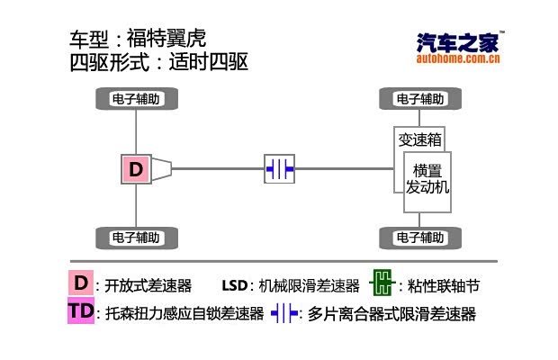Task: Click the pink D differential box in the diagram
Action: point(135,168)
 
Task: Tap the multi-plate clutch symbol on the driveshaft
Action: point(279,168)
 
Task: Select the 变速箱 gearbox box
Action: point(420,139)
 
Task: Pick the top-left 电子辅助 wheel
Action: point(136,99)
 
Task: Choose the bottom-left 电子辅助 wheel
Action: point(136,238)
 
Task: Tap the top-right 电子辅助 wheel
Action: point(419,99)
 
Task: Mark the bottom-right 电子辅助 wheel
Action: point(419,238)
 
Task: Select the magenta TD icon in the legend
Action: point(80,312)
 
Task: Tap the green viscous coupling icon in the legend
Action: point(382,284)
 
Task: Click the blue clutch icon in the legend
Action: point(284,313)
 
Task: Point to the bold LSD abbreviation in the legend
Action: point(234,286)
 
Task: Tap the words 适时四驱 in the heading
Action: point(207,63)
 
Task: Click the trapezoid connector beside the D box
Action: point(162,168)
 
